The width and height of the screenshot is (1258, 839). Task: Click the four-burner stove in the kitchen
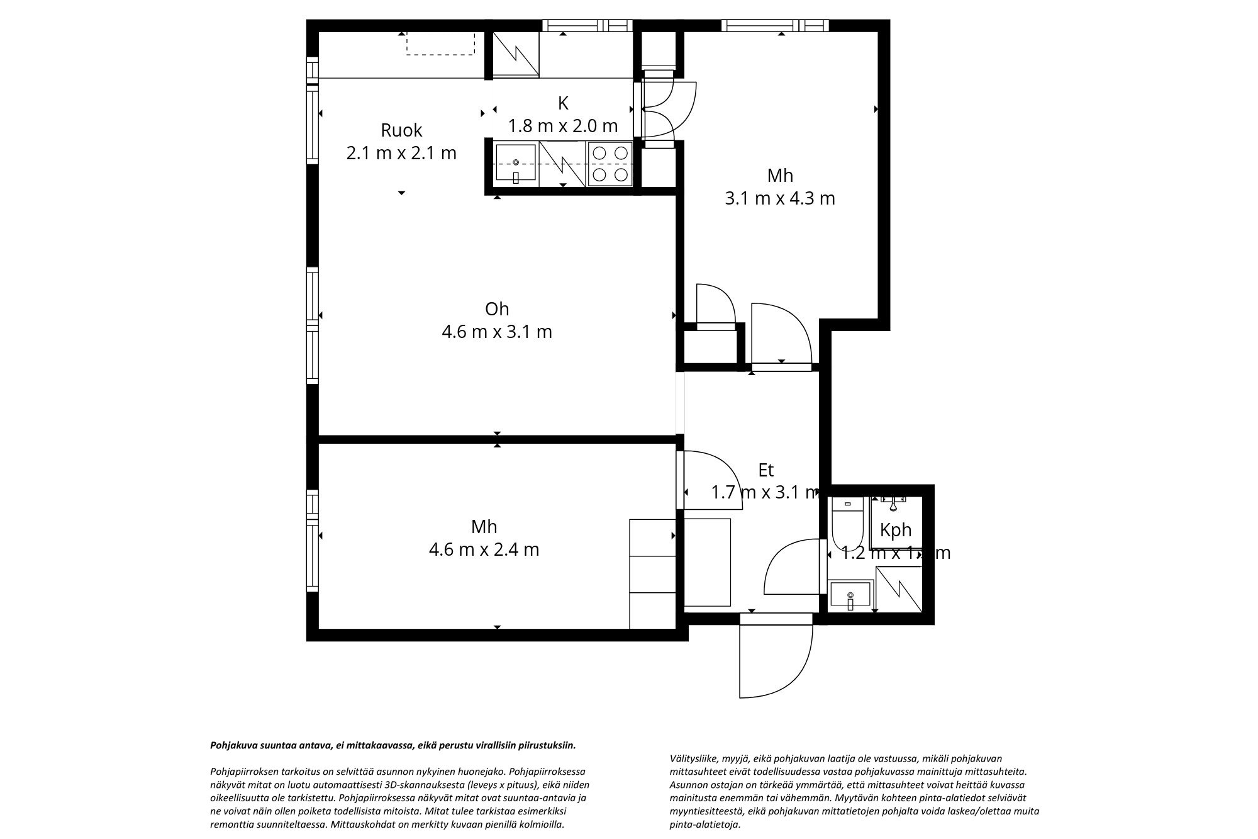(x=610, y=164)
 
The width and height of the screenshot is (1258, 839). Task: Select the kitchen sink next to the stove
(x=516, y=163)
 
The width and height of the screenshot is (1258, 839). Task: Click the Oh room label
(x=496, y=309)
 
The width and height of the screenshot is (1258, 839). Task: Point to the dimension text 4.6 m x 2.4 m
(x=484, y=549)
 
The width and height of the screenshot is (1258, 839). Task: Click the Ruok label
(x=401, y=130)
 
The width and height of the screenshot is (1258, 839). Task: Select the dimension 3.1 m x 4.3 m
(x=780, y=198)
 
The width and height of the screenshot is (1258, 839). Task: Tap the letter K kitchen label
(x=563, y=103)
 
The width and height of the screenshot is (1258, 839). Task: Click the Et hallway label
(x=765, y=470)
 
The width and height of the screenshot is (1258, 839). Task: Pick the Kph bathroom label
(x=896, y=530)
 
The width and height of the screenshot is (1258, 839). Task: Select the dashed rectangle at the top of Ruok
(x=440, y=43)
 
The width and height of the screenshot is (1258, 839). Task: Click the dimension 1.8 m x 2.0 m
(x=563, y=126)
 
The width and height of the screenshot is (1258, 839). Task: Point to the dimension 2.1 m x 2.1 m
(x=401, y=153)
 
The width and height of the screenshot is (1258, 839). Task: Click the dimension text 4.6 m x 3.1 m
(x=496, y=332)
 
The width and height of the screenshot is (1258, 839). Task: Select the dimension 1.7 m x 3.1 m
(x=765, y=492)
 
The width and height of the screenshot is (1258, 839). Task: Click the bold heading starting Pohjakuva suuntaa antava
(x=392, y=745)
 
